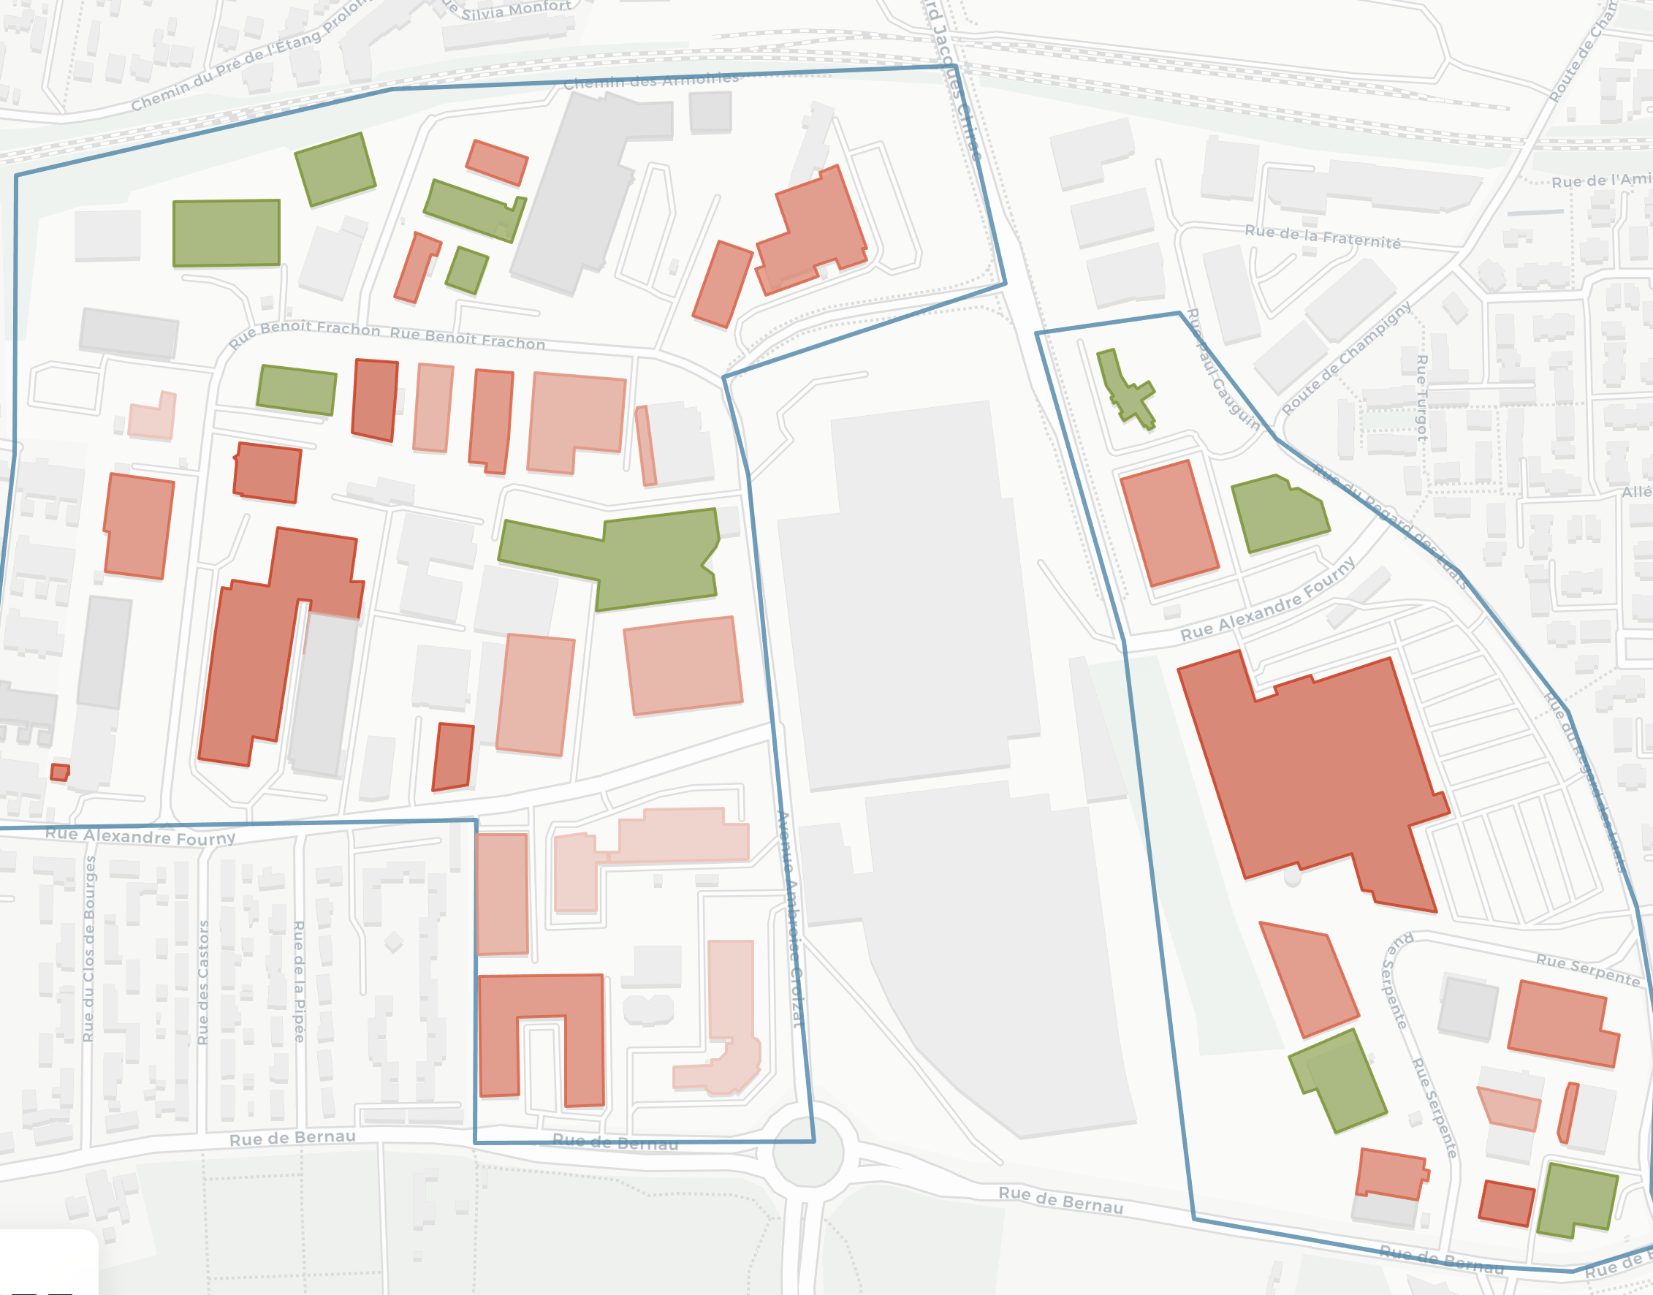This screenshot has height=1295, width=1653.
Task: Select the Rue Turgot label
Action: [x=1423, y=398]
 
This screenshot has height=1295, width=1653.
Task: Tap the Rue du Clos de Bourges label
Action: [x=88, y=948]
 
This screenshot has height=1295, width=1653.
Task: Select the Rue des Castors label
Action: [x=203, y=982]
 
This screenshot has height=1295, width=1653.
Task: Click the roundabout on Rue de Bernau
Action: [x=807, y=1151]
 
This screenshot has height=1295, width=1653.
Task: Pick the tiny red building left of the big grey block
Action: [x=59, y=772]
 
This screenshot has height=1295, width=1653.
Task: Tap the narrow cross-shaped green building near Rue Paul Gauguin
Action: [x=1128, y=390]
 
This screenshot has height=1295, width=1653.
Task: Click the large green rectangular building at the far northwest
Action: [x=226, y=233]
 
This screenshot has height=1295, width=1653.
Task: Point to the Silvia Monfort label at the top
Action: [x=516, y=10]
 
